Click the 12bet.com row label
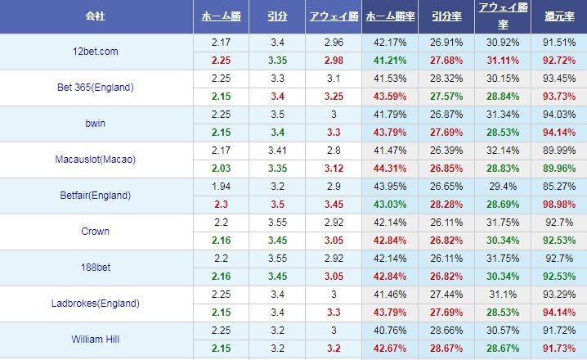click(x=95, y=52)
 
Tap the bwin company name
click(x=95, y=124)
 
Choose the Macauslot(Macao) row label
click(x=96, y=160)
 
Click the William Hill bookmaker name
click(x=96, y=340)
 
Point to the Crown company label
click(x=96, y=232)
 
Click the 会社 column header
click(x=96, y=16)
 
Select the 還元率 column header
click(x=558, y=16)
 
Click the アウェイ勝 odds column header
click(x=334, y=16)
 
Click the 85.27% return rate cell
click(x=558, y=187)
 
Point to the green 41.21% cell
click(x=389, y=61)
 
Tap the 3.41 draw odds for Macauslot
click(x=277, y=151)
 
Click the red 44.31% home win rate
click(x=389, y=169)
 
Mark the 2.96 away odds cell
click(x=334, y=43)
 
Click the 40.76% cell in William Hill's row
click(x=389, y=331)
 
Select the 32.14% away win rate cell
click(x=503, y=151)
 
